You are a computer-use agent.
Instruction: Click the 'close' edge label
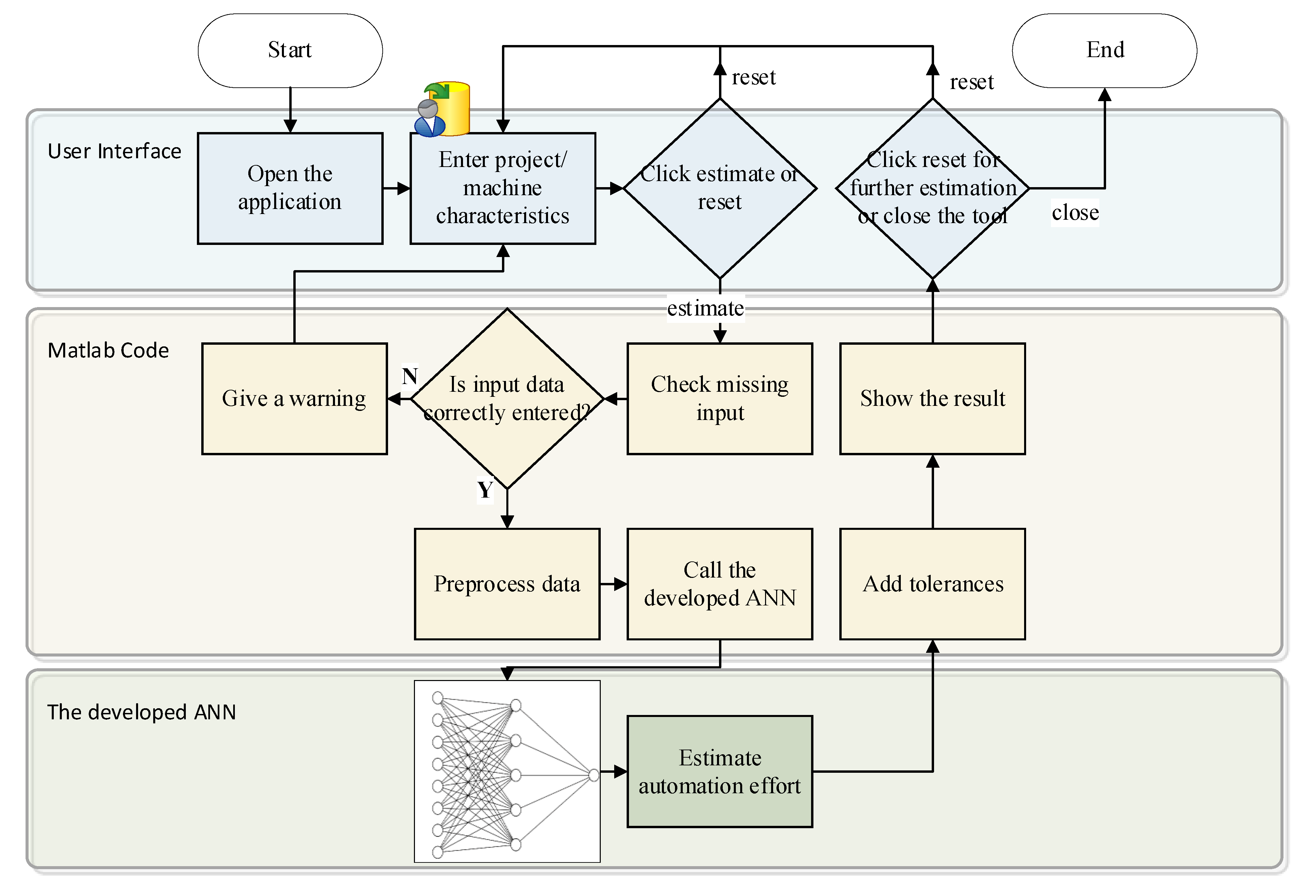[1075, 213]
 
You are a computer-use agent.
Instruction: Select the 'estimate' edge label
[705, 308]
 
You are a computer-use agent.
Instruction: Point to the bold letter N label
[410, 376]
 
